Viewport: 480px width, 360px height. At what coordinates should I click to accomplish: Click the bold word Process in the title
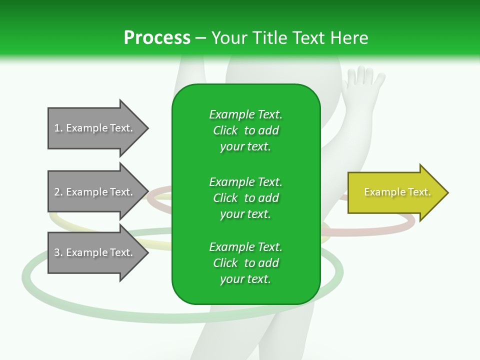[157, 38]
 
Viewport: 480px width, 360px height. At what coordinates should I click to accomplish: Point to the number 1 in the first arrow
[57, 128]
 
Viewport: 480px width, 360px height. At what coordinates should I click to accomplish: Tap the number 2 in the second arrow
[57, 192]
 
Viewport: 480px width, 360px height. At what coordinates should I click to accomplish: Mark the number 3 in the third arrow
[57, 252]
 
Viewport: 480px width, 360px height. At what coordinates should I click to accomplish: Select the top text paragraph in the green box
[245, 130]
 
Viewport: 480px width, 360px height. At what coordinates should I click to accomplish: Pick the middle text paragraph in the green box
[245, 197]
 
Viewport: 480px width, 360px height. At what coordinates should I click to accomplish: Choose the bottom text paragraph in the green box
[245, 263]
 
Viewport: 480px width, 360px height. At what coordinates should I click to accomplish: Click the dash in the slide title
[200, 38]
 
